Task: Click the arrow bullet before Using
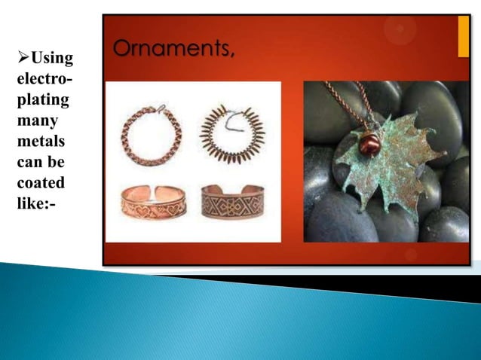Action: (22, 59)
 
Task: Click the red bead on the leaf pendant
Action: (369, 144)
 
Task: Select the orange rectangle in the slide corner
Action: (463, 35)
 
